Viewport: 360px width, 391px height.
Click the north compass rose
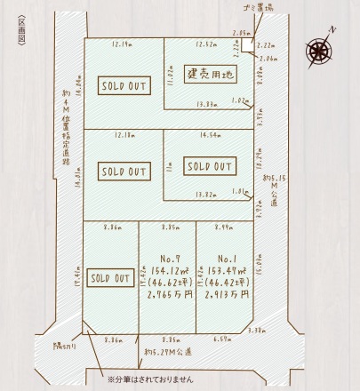pos(318,49)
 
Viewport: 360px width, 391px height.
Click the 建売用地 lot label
pos(209,75)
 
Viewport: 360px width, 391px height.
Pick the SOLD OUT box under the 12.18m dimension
pos(123,170)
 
